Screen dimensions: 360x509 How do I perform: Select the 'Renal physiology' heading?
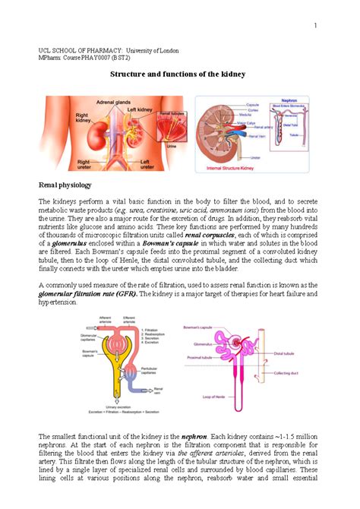point(65,185)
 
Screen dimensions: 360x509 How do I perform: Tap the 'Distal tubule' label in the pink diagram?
point(288,353)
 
